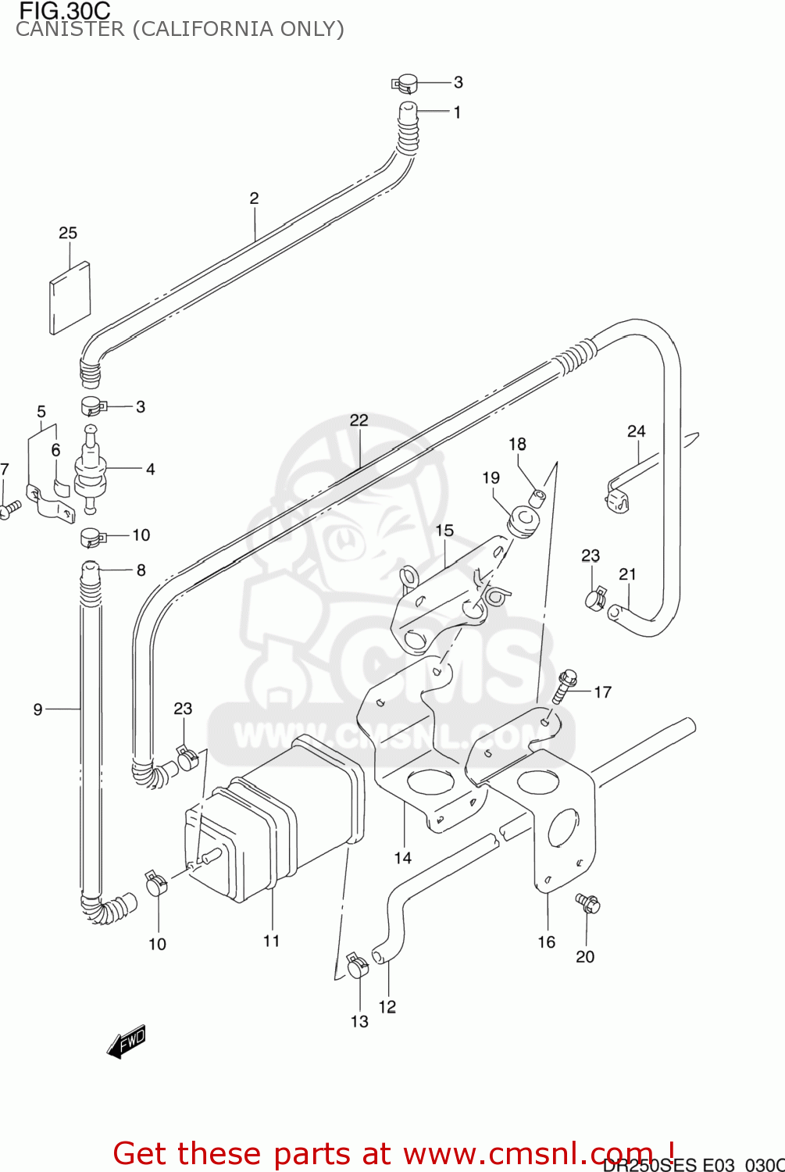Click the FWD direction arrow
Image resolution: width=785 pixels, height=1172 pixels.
127,1042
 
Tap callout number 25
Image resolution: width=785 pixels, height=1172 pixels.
68,233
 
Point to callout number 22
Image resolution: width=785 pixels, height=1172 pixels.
359,420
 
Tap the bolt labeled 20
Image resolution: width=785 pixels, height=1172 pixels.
587,904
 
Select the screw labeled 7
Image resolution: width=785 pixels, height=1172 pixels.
10,509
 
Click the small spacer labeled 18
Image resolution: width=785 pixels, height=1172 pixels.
538,496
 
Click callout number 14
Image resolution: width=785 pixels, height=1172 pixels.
402,858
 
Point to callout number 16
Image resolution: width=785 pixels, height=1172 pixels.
547,942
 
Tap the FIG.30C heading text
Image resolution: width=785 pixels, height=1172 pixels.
64,11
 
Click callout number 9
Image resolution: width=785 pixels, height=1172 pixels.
37,709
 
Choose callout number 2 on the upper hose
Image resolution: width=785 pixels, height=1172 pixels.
254,198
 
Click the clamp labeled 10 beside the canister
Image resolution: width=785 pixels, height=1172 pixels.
157,884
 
